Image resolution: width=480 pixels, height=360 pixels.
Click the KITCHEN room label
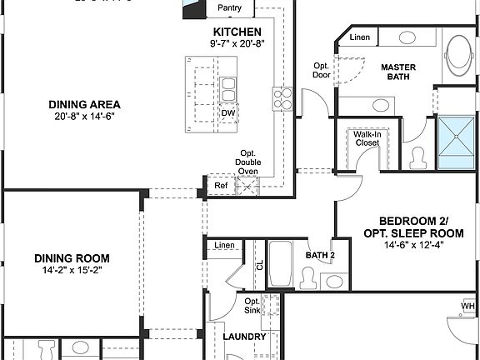[234, 32]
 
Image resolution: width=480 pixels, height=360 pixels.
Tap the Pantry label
[229, 8]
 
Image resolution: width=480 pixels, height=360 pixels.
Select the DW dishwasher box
[227, 113]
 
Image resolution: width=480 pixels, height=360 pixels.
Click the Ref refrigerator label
[221, 185]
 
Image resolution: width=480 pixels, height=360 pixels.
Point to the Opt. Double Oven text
[247, 162]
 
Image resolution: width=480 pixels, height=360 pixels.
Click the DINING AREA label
[83, 105]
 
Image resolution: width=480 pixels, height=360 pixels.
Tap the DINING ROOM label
[72, 258]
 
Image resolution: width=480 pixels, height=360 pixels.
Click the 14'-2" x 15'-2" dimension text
[72, 271]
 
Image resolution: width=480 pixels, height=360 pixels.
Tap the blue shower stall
[457, 142]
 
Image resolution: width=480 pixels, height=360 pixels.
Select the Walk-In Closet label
[367, 137]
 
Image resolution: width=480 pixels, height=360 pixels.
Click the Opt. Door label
[322, 70]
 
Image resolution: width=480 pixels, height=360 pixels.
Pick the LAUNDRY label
[244, 337]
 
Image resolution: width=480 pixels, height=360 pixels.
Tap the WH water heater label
[467, 306]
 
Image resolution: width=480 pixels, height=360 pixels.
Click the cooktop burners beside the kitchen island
[282, 99]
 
